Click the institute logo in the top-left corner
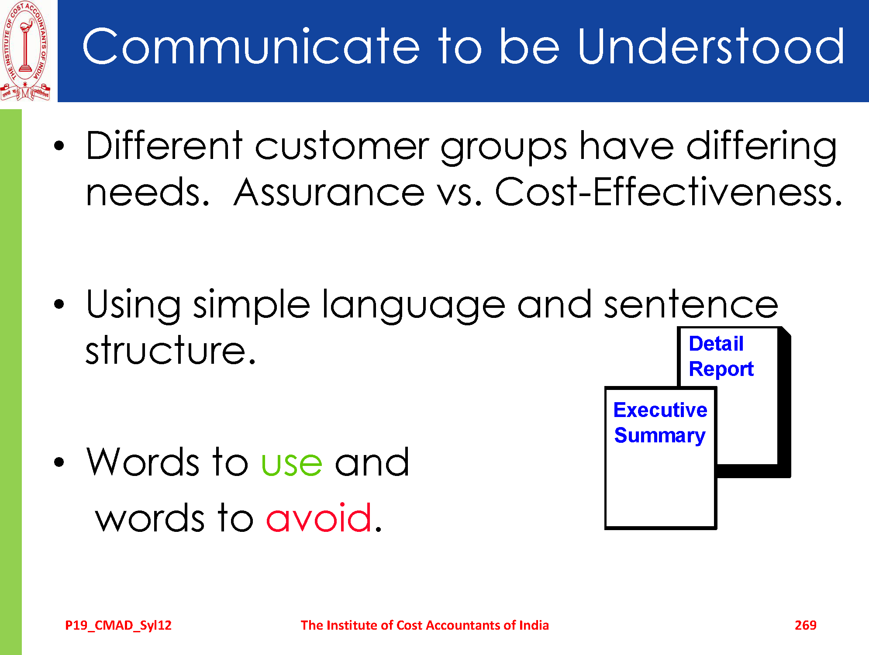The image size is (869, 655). coord(25,51)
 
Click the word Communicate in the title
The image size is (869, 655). coord(251,46)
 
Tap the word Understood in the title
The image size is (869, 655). coord(711,46)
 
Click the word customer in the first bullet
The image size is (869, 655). coord(342,146)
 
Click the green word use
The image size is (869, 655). coord(292,463)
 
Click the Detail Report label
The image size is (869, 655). coord(721,356)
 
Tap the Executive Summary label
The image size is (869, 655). coord(660,423)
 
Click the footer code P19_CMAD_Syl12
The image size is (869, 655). coord(118,625)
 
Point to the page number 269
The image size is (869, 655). coord(805,625)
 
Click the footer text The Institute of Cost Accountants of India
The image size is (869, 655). coord(424,625)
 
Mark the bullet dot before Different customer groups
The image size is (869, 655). coord(59,146)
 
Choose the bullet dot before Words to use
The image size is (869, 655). coord(59,462)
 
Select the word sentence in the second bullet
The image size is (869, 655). coord(691,304)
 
